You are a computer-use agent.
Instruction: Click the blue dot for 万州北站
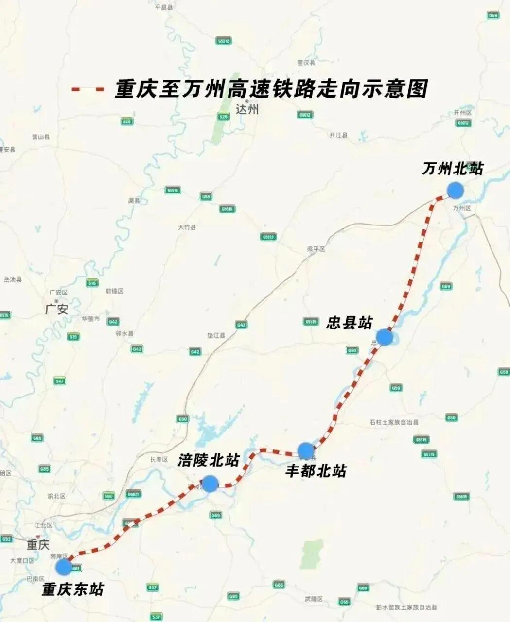pos(455,190)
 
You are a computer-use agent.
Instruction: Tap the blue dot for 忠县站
pos(384,337)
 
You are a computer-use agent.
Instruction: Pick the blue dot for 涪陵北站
pos(210,484)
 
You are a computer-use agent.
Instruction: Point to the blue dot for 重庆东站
pos(64,567)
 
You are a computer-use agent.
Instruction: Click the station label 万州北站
pos(453,169)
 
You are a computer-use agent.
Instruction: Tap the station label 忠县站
pos(349,323)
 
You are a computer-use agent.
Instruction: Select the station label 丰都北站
pos(316,470)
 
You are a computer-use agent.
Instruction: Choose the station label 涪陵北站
pos(209,461)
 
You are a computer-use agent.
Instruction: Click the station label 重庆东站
pos(73,589)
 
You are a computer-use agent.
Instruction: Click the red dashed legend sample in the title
pos(88,90)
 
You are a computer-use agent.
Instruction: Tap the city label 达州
pos(247,109)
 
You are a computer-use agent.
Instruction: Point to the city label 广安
pos(56,309)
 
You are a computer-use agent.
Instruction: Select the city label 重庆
pos(38,544)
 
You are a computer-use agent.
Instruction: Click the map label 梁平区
pos(316,249)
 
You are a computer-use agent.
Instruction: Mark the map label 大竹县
pos(187,227)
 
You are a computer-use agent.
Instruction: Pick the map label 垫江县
pos(216,336)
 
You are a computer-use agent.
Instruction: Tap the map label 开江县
pos(338,135)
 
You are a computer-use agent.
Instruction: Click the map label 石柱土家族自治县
pos(394,423)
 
